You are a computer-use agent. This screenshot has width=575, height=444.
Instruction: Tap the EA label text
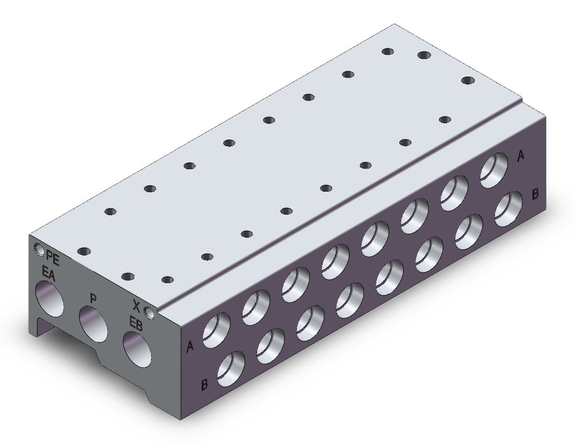(x=48, y=274)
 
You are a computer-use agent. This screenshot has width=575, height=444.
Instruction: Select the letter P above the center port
(x=93, y=297)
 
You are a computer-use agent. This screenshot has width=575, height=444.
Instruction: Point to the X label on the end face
(x=136, y=304)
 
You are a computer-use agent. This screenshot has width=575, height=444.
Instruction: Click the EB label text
(x=136, y=323)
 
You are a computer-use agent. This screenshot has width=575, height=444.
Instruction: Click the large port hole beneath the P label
(x=93, y=324)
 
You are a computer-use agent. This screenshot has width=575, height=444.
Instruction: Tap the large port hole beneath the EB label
(x=137, y=349)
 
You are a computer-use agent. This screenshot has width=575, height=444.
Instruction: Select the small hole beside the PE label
(x=39, y=249)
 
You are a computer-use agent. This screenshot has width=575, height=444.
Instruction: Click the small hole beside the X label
(x=150, y=312)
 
